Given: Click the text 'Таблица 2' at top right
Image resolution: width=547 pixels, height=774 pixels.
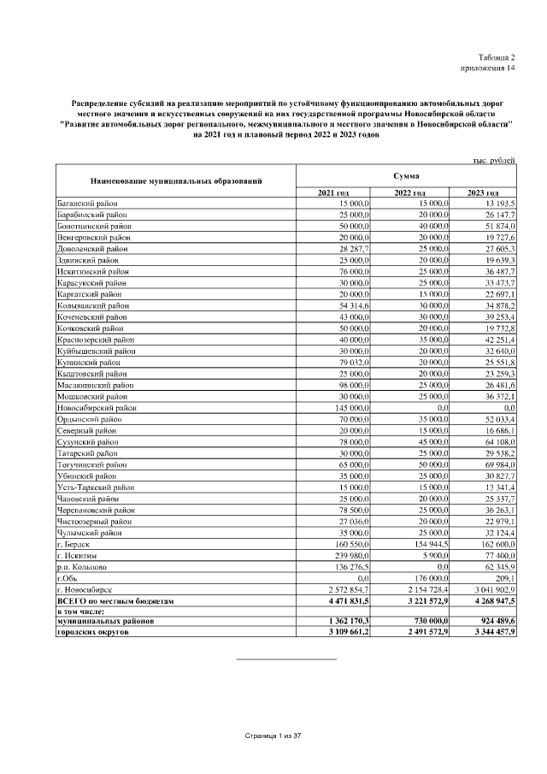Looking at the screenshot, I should (497, 55).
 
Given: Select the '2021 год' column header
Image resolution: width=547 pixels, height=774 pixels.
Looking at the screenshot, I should (333, 193).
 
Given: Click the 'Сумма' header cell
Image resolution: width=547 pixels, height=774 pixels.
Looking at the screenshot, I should (406, 175).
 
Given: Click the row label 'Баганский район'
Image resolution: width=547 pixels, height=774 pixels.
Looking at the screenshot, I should (87, 204).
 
